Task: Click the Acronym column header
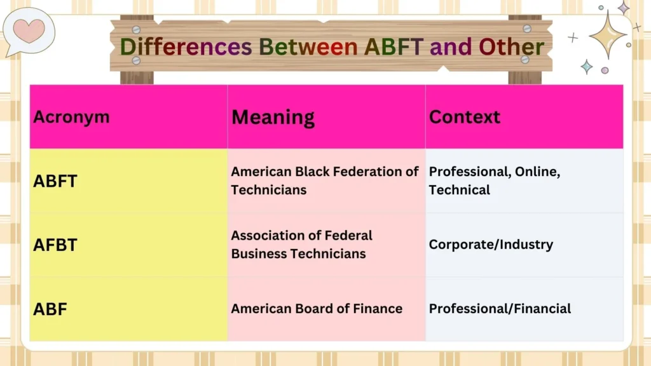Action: pos(71,117)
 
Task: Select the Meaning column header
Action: pos(273,117)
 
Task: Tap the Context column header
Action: pos(465,117)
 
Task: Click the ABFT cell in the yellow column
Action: pos(55,181)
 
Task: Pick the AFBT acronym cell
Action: pos(55,245)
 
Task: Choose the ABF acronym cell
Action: pos(50,309)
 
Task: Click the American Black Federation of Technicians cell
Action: pos(324,180)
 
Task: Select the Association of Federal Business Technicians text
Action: pos(301,245)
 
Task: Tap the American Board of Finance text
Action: pos(317,309)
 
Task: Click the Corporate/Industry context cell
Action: pos(491,245)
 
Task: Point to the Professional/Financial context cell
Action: pos(500,309)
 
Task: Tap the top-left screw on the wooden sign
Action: pos(136,29)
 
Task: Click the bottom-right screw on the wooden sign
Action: pos(525,59)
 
